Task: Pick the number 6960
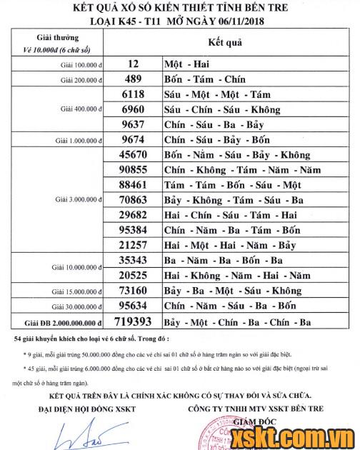coord(134,110)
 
